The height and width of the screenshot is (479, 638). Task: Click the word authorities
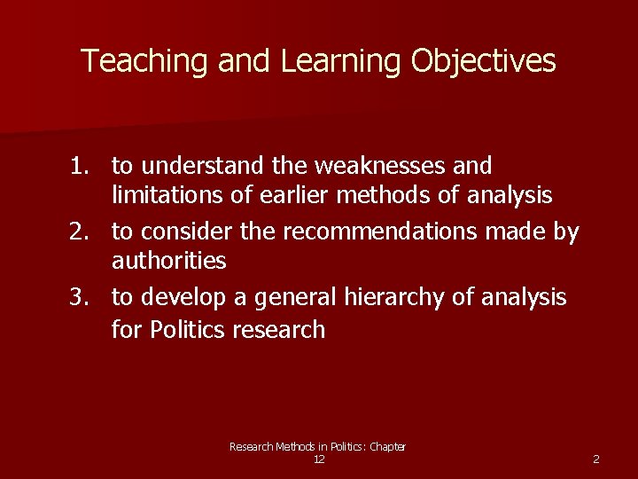(x=168, y=260)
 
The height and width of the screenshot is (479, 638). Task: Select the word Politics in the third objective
(x=188, y=330)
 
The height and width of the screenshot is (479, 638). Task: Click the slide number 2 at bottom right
(x=595, y=459)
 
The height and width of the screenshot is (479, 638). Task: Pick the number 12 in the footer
(x=319, y=459)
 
